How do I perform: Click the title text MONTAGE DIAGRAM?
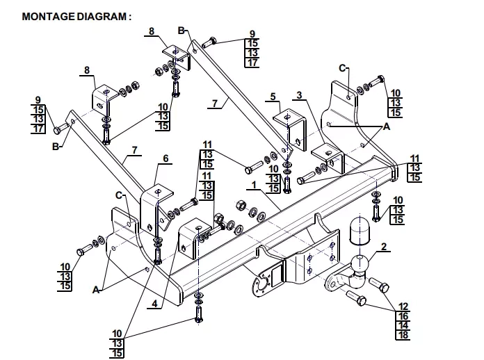click(74, 17)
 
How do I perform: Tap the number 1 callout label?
click(254, 185)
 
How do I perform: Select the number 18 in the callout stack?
click(403, 335)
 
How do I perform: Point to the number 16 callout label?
click(403, 316)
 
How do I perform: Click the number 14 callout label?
click(403, 325)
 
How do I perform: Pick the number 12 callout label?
click(403, 306)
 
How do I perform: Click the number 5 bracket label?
click(273, 97)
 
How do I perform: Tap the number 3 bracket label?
click(299, 95)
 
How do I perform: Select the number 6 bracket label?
click(166, 158)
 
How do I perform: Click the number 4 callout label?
click(154, 304)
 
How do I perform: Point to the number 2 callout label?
click(384, 247)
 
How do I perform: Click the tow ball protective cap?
click(359, 231)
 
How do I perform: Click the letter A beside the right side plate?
click(387, 126)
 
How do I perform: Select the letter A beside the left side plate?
click(96, 290)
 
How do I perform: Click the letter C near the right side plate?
click(342, 68)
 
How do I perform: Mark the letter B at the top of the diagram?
click(181, 31)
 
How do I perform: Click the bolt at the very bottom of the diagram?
click(198, 315)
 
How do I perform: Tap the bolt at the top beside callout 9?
click(209, 42)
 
